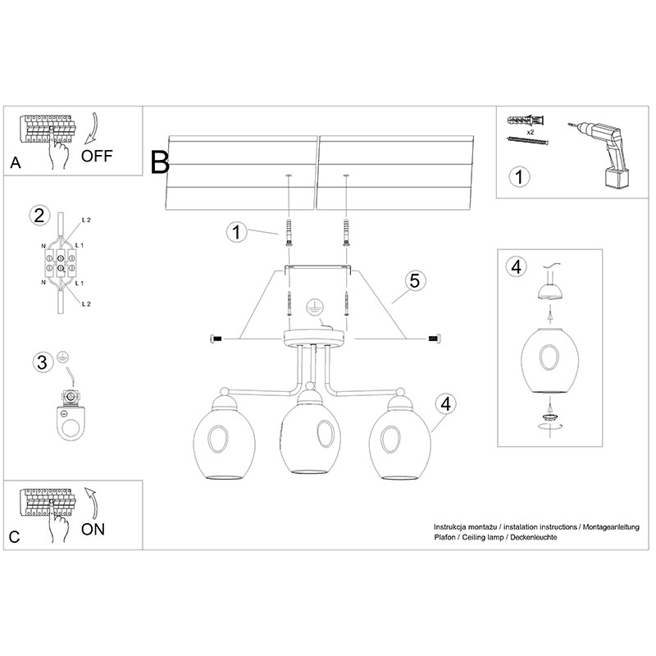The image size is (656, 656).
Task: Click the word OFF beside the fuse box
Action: point(97,156)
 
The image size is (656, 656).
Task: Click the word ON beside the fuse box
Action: point(93,529)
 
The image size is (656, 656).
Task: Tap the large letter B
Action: point(160,162)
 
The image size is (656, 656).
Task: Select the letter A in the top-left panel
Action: point(16,162)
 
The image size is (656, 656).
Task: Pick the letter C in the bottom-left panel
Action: point(14,537)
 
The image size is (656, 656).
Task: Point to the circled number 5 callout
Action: point(415,280)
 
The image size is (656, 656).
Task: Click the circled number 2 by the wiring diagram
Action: point(39,216)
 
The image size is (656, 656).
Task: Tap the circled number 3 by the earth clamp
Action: point(43,362)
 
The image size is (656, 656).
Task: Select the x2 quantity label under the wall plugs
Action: point(530,132)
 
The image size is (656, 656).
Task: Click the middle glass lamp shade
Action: point(310,435)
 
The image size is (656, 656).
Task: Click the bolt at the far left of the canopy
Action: point(216,339)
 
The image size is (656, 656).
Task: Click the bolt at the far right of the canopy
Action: point(434,339)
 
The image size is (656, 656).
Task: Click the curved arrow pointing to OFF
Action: point(92,128)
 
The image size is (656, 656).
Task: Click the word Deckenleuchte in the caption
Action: point(534,537)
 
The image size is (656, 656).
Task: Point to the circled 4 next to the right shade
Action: point(446,404)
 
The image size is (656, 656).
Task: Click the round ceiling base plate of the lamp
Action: point(314,338)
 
